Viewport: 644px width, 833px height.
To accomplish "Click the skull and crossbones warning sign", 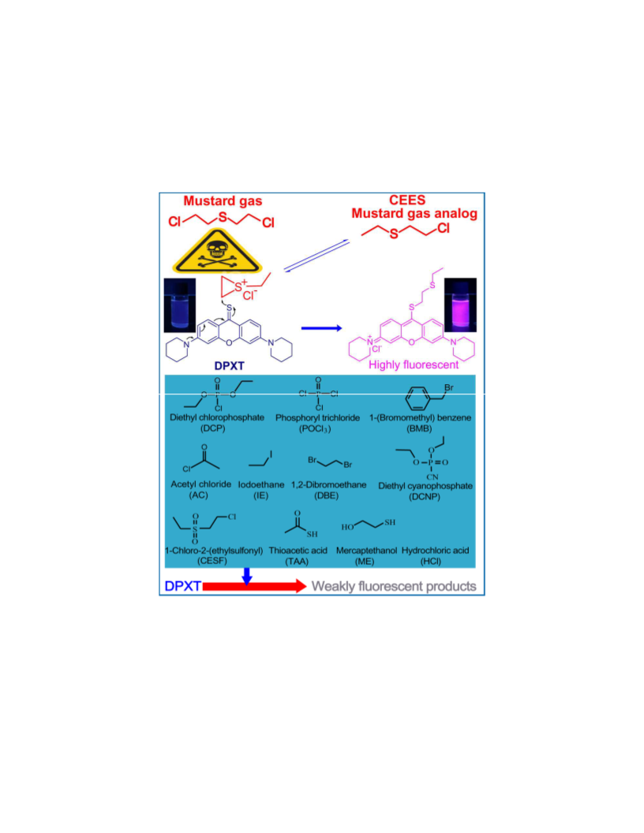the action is click(x=217, y=252).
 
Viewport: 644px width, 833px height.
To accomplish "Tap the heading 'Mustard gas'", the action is click(x=223, y=201).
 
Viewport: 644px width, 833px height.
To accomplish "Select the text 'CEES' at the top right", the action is click(x=407, y=200).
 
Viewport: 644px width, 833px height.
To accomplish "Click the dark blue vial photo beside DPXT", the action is click(x=180, y=305).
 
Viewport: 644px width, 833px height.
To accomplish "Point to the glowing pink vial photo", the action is click(x=460, y=304).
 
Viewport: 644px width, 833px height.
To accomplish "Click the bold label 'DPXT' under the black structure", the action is click(x=229, y=366).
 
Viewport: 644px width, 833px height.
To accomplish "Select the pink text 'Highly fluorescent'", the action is click(x=414, y=365).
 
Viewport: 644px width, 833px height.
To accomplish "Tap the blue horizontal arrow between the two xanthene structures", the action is click(x=321, y=328).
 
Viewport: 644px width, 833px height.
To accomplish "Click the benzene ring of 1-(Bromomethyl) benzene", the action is click(x=417, y=398).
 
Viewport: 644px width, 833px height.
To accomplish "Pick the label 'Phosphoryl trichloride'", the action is click(x=317, y=417).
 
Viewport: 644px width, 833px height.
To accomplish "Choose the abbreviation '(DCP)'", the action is click(x=212, y=428).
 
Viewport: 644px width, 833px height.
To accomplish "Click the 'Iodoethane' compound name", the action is click(x=261, y=484).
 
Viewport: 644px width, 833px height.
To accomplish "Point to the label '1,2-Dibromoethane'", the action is click(x=328, y=484).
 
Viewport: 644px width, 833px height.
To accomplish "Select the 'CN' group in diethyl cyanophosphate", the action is click(x=432, y=477).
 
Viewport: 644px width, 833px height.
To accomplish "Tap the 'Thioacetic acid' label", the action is click(x=298, y=551).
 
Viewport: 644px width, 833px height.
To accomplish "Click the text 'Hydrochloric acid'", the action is click(x=435, y=551).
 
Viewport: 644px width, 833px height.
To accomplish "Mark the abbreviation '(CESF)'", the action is click(x=212, y=561).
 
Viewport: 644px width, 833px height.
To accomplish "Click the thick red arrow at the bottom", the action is click(x=254, y=586).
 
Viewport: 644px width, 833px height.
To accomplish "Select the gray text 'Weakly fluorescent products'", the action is click(x=394, y=587).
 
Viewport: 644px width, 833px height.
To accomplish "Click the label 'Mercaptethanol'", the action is click(x=366, y=551).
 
